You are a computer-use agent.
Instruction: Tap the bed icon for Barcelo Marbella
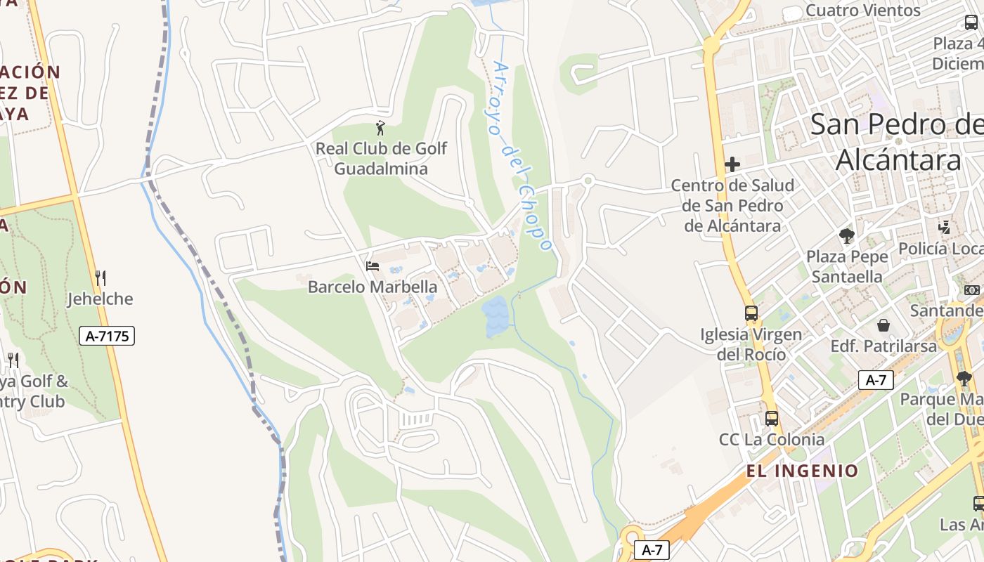(373, 266)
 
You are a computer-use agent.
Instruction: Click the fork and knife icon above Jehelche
(101, 278)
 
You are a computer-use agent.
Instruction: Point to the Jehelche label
(100, 299)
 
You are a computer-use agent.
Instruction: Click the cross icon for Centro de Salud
(732, 165)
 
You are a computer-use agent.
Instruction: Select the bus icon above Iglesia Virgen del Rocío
(751, 313)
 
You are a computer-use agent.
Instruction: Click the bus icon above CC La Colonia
(772, 419)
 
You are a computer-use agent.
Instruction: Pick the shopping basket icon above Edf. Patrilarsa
(883, 325)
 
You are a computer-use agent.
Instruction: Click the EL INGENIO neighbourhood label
(802, 471)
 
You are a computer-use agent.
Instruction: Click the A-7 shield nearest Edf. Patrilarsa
(876, 381)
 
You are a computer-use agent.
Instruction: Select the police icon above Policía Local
(945, 228)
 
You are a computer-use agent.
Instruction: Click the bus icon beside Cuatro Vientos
(971, 21)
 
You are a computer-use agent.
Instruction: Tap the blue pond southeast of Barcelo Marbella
(496, 316)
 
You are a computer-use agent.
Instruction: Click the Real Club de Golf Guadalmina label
(381, 159)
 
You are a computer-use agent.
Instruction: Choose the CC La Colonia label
(771, 440)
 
